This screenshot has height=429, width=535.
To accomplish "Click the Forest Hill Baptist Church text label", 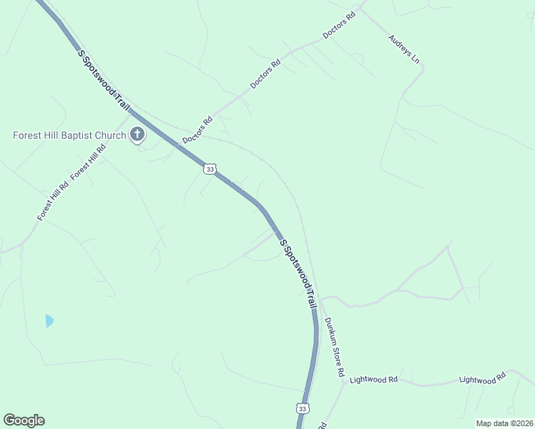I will click(x=69, y=134).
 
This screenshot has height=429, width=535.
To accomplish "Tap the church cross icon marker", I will click(x=137, y=134).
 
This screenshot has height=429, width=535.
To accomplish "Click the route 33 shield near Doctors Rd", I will click(x=208, y=169).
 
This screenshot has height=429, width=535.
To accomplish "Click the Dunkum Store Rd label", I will click(x=335, y=347).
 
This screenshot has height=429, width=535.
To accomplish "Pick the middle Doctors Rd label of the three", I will click(x=265, y=74).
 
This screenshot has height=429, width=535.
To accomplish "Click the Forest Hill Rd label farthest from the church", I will click(x=54, y=201).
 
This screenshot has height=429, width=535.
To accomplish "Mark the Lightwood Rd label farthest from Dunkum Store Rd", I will click(x=482, y=378).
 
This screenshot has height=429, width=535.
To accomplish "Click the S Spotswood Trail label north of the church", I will click(x=104, y=79).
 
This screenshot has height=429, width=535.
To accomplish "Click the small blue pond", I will click(x=49, y=320).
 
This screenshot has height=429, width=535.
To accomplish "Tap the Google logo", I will click(x=24, y=420).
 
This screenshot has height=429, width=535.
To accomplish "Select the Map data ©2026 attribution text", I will click(x=504, y=423).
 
